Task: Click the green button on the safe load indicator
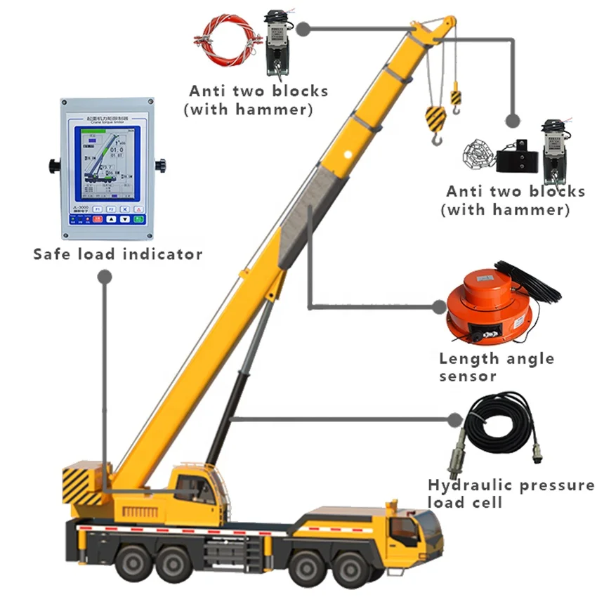139,218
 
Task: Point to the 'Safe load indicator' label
118,254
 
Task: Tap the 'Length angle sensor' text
496,367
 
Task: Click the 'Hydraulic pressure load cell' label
511,493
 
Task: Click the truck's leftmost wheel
133,562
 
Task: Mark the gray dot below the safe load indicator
105,278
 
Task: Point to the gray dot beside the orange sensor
441,306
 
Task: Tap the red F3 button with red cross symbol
124,209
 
